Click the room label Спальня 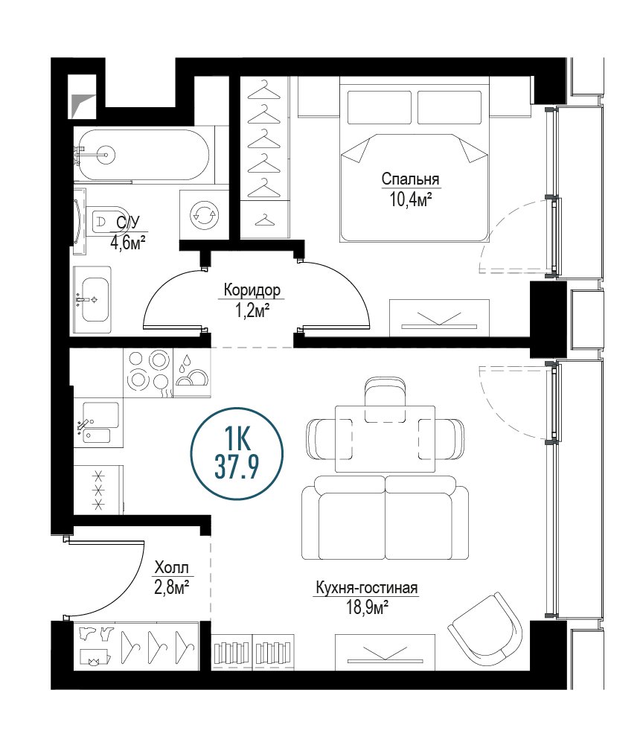coord(410,179)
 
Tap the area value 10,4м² coord(411,199)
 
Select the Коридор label coord(252,290)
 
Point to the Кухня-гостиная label coord(366,588)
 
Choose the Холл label coord(172,568)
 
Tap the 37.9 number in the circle coord(237,467)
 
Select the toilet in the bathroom coord(107,223)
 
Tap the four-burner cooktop coord(148,373)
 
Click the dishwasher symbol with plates coord(192,373)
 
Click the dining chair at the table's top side coord(386,400)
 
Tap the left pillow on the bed coord(380,107)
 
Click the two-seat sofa coord(385,517)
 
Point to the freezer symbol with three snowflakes coord(99,490)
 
